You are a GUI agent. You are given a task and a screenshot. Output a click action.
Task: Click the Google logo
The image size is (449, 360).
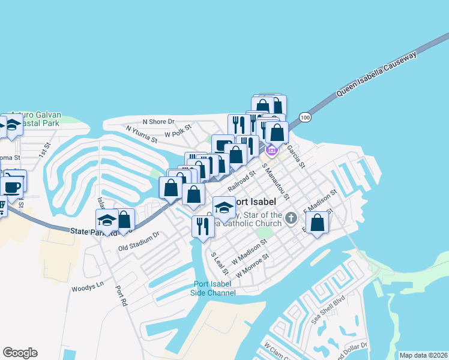click(x=20, y=353)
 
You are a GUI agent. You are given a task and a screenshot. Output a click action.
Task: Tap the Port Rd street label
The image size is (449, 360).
click(x=121, y=296)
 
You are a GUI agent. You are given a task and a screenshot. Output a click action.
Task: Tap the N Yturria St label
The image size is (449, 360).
click(x=141, y=134)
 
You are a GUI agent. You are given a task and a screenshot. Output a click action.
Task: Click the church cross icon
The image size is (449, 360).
click(x=291, y=218)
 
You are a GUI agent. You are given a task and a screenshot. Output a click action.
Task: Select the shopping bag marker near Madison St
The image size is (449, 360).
click(x=318, y=223)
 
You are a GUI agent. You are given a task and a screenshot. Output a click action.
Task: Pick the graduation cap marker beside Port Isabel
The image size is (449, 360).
click(x=224, y=208)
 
